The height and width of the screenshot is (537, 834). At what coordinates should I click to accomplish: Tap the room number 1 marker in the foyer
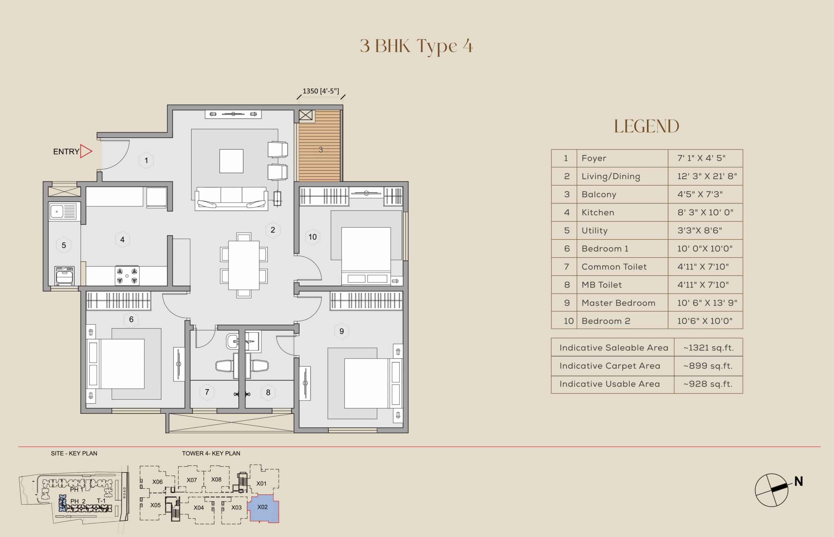click(x=146, y=161)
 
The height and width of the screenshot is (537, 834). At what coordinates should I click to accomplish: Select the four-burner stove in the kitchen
click(x=127, y=275)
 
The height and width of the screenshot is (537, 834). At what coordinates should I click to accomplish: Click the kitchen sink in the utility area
click(x=63, y=211)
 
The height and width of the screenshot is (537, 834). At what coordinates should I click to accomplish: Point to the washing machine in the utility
click(x=65, y=275)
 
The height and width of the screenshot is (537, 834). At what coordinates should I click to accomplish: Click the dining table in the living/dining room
click(x=244, y=265)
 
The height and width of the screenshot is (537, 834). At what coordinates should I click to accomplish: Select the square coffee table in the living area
click(x=231, y=161)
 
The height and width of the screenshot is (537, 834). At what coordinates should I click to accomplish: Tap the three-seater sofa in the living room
click(x=231, y=198)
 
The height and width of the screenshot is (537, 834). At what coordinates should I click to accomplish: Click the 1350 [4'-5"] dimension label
click(x=321, y=91)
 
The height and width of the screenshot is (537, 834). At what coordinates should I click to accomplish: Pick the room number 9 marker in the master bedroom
click(x=342, y=331)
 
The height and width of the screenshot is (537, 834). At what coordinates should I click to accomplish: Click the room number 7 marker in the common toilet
click(x=207, y=392)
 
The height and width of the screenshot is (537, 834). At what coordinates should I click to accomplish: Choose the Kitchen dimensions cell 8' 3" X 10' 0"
click(x=705, y=212)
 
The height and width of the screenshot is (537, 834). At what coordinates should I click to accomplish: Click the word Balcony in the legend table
click(x=599, y=194)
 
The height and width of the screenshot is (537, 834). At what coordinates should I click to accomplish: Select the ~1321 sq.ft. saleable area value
click(x=708, y=348)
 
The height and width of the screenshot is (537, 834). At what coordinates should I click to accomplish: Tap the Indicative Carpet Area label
click(x=610, y=366)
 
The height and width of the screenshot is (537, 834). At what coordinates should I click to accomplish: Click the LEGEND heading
click(x=647, y=126)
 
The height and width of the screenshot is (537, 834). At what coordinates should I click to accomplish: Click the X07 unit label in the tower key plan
click(x=192, y=480)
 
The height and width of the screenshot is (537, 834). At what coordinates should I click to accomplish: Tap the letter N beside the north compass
click(x=798, y=481)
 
